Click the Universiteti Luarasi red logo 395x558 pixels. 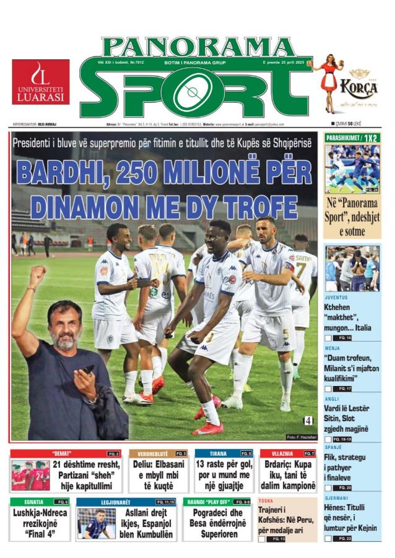(x=40, y=82)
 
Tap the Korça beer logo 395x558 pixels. (x=358, y=87)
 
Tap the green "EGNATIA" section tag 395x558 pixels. (x=34, y=501)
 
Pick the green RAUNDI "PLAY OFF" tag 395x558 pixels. (x=207, y=501)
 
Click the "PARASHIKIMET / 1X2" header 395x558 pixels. (x=352, y=137)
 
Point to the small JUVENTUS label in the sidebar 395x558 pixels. (x=336, y=297)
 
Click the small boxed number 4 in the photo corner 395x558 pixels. (x=308, y=421)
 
